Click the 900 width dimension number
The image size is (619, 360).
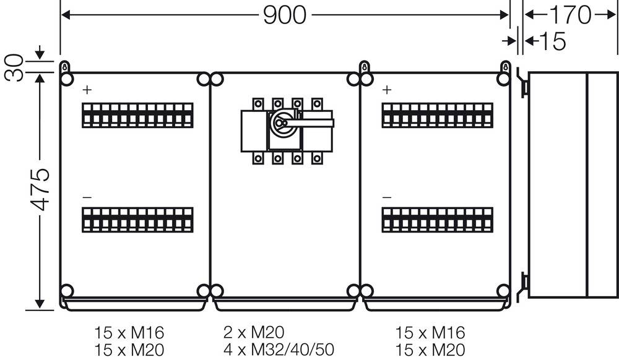285,15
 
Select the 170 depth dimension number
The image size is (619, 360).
570,15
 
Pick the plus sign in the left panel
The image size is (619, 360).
87,90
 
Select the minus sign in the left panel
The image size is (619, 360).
87,197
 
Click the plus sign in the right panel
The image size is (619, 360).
387,90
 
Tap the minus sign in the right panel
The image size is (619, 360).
387,197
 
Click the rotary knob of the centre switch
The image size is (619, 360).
280,124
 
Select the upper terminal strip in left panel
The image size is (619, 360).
137,116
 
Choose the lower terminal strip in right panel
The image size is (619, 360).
437,221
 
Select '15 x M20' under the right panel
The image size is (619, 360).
430,349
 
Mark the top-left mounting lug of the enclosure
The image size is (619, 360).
65,67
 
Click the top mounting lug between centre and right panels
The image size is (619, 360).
365,67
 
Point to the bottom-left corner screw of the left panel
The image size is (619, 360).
67,290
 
